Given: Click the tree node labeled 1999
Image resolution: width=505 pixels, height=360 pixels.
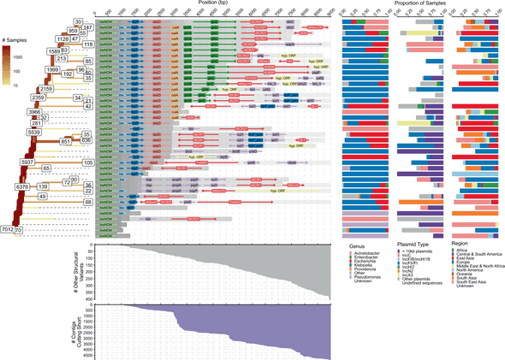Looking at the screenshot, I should (52, 69).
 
